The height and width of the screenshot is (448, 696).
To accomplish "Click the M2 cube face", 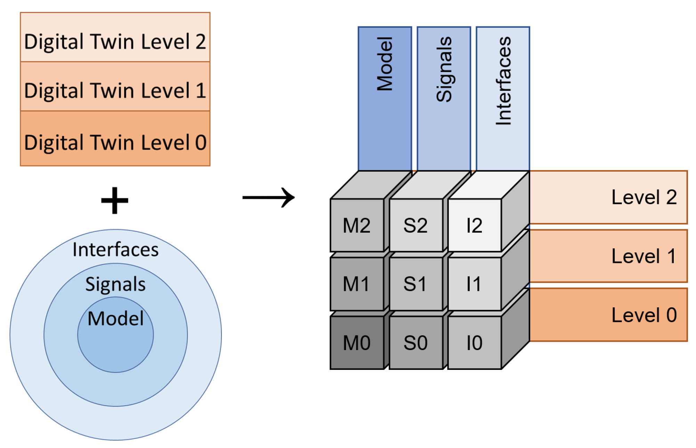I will pos(357,225).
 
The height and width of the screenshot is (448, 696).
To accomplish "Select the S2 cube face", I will pos(415,225).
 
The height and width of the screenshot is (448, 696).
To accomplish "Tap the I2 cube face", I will pos(475,225).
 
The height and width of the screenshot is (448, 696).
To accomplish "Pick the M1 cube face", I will pos(357,284).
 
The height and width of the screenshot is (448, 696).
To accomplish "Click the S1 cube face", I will pos(415,284).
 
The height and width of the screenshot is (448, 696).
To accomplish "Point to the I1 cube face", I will pos(475,284).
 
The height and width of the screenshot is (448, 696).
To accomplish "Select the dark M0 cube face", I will pos(357,343).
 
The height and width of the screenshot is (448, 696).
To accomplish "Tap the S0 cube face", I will pos(415,343).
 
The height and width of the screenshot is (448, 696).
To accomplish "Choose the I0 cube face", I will pos(475,343).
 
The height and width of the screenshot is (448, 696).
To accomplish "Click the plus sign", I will pos(115,200).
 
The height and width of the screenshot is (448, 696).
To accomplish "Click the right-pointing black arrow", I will pos(269,197).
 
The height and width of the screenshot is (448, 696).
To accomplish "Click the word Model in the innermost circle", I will pos(115,318).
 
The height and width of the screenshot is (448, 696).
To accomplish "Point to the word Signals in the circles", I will pos(115,284).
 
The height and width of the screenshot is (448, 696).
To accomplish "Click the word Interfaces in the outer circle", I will pos(115,249).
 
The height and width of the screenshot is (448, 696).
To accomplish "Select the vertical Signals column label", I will pos(444,69).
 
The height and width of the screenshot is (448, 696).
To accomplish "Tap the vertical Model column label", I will pos(385,64).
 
